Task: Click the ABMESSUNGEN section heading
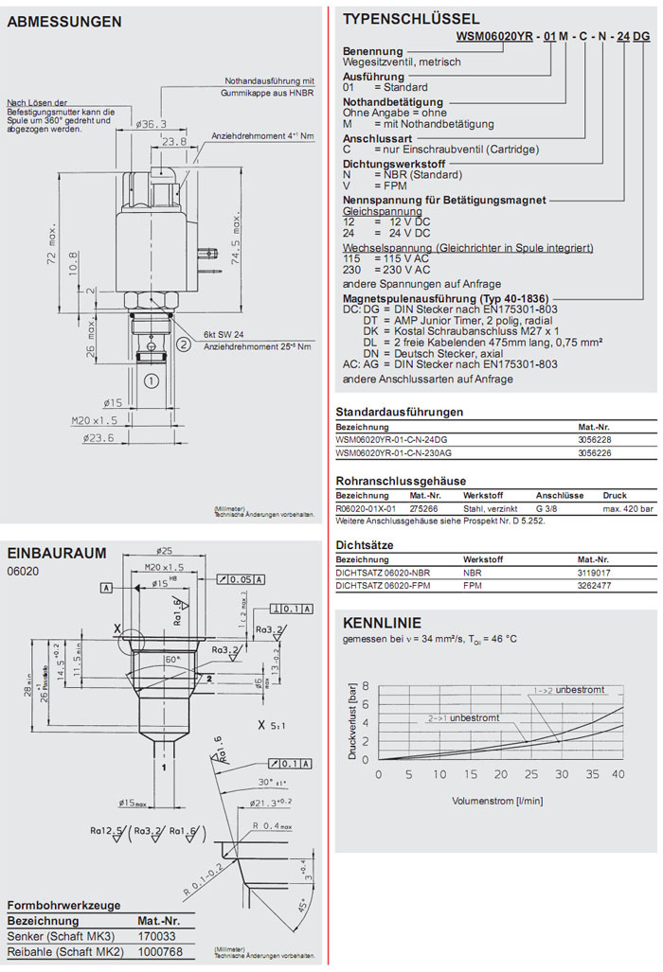64,22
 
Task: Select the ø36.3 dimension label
152,124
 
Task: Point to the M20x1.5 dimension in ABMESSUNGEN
93,419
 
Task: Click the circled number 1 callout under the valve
150,380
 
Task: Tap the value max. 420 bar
628,508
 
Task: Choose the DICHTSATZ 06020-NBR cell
383,573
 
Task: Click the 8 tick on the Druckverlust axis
367,686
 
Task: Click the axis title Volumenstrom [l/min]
497,800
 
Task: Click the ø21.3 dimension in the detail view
270,804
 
